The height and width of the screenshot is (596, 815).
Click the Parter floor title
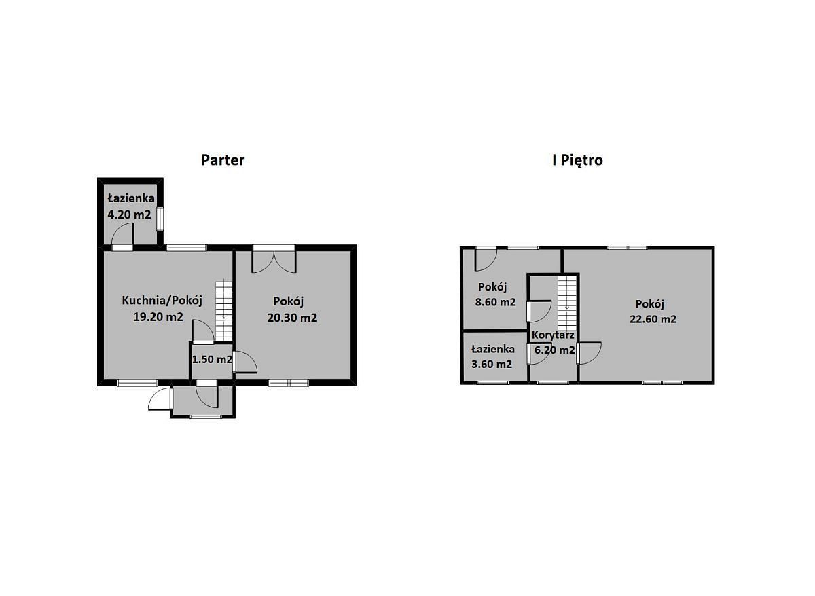pos(223,160)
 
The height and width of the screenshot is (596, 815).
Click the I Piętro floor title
pos(577,160)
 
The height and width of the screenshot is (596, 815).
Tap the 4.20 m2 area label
pos(129,215)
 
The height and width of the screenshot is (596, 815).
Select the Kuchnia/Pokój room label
pos(162,301)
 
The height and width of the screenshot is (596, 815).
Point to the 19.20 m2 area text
pos(158,317)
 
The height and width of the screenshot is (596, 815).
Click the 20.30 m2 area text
pos(292,318)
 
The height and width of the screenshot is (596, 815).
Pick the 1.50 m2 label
pos(212,360)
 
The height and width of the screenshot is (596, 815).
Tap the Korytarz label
pos(553,335)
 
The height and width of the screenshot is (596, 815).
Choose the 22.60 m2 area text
pos(653,319)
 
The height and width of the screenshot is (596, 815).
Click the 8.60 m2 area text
pos(496,302)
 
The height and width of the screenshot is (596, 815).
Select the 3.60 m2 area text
pos(492,364)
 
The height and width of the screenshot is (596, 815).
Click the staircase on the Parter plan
pos(223,312)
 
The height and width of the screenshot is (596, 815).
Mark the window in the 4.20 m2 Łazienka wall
pos(160,219)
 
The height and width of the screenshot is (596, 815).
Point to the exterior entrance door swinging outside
pos(160,398)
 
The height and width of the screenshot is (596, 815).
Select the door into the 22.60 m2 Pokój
pos(588,353)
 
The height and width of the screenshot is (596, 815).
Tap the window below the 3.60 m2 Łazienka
pos(492,383)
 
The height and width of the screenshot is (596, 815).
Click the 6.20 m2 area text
pos(554,350)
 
